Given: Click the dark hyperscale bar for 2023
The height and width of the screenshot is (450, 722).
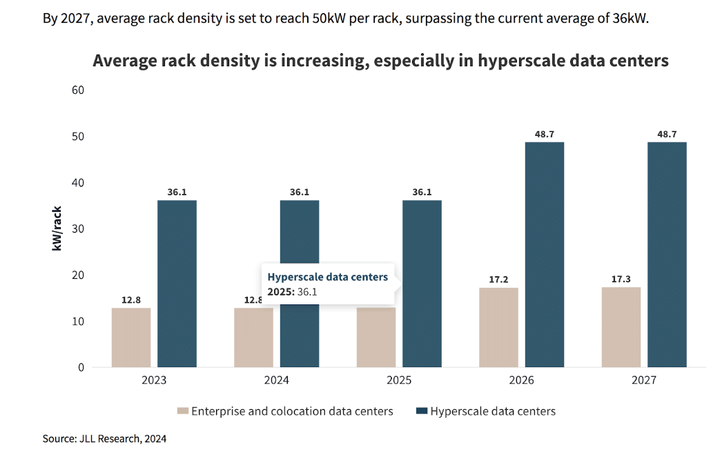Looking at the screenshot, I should (177, 283).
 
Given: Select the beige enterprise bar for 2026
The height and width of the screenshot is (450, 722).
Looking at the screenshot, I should (498, 327).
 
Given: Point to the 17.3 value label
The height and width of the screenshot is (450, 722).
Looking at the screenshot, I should (621, 279).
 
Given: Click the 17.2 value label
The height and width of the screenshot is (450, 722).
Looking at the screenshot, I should (498, 280).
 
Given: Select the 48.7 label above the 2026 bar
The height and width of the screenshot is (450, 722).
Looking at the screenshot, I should (545, 134).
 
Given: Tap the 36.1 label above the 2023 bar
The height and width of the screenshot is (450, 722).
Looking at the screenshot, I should (177, 192).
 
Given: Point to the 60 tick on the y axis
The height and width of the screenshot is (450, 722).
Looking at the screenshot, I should (77, 90).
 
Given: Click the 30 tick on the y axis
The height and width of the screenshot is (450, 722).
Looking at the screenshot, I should (77, 229).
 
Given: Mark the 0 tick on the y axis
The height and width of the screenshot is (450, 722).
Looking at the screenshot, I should (81, 368).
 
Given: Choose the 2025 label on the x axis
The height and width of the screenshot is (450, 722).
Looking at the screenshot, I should (399, 380).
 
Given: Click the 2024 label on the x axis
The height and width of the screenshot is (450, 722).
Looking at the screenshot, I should (277, 380).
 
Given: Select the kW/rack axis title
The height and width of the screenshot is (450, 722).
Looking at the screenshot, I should (57, 228).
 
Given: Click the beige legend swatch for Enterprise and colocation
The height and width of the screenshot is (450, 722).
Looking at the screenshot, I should (183, 411).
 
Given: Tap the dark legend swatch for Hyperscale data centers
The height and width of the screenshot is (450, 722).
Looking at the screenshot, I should (421, 411).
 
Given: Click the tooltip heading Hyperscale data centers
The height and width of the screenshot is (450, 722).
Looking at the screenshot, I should (327, 277).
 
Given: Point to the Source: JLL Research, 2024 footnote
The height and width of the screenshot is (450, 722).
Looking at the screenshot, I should (104, 438).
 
